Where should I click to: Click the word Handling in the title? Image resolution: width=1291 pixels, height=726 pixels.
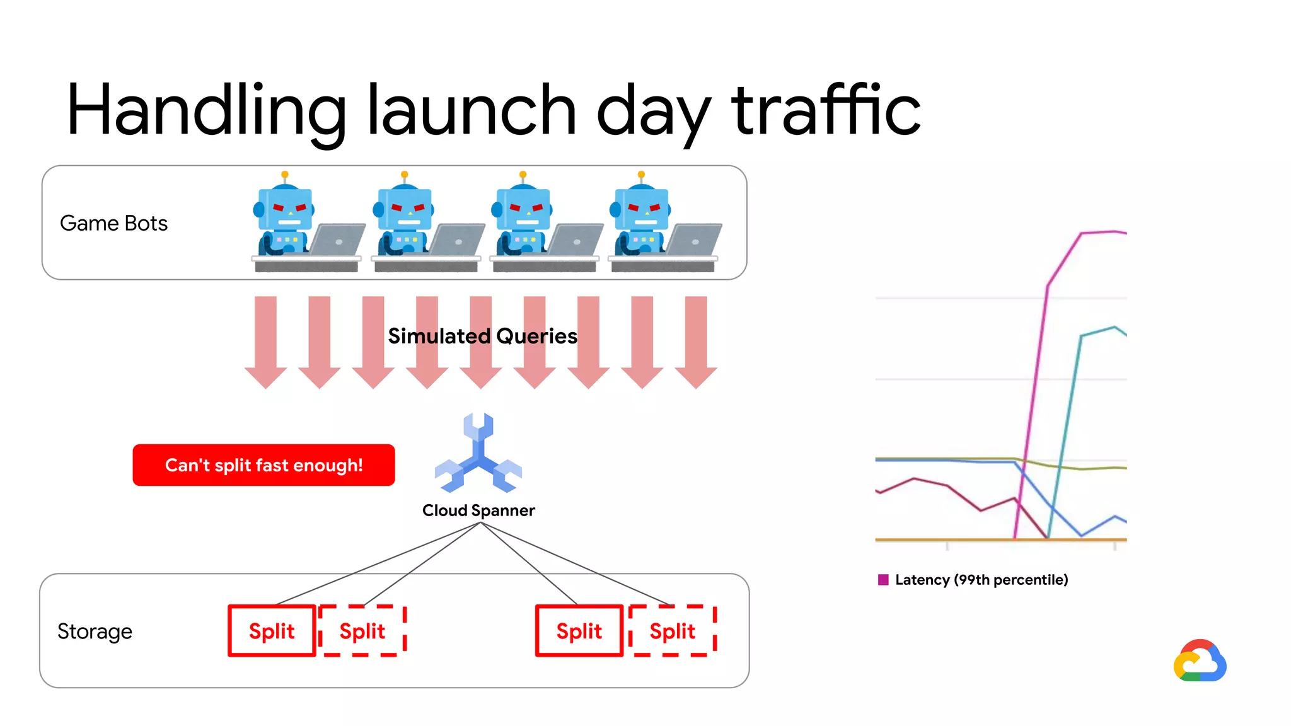tap(206, 111)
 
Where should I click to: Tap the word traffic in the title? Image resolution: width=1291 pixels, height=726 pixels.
tap(826, 111)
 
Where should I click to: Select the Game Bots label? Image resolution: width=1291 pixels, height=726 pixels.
tap(113, 223)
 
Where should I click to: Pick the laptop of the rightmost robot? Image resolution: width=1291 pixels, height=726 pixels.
tap(694, 240)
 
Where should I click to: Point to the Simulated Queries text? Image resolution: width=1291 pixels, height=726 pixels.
tap(482, 336)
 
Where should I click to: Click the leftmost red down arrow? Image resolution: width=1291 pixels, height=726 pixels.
tap(265, 341)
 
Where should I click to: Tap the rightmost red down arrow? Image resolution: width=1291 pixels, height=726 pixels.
tap(696, 341)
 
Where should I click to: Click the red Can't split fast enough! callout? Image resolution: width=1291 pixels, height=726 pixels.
tap(263, 465)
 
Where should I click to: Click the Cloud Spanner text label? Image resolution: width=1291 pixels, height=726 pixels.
tap(478, 510)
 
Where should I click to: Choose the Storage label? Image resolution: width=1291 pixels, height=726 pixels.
tap(95, 631)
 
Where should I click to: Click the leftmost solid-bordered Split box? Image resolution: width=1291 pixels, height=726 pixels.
tap(272, 631)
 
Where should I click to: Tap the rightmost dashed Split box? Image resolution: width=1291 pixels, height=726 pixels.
tap(672, 631)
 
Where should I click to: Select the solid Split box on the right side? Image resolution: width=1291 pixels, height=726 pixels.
tap(579, 631)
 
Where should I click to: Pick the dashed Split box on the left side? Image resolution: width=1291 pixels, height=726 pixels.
tap(362, 631)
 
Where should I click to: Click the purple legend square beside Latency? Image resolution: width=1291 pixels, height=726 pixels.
tap(883, 580)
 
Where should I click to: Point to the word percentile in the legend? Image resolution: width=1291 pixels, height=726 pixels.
tap(1031, 580)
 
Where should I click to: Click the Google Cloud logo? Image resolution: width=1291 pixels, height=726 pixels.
tap(1200, 661)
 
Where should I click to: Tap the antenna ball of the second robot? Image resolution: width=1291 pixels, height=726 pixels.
tap(405, 175)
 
